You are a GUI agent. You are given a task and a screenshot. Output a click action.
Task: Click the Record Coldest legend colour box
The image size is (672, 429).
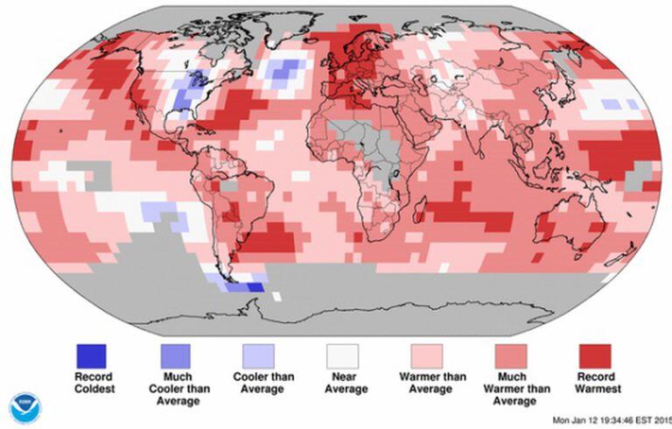90,355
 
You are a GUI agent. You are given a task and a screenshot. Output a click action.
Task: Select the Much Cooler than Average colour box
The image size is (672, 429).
174,355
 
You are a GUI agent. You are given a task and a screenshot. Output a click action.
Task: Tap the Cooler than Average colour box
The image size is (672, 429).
258,355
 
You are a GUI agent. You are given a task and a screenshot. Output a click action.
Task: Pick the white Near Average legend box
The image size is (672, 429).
342,355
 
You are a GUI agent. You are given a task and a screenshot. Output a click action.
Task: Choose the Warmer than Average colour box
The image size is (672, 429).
426,355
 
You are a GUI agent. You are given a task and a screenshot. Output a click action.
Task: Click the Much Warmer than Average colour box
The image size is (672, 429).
510,355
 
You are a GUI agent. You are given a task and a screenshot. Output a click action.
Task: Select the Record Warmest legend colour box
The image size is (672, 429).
594,355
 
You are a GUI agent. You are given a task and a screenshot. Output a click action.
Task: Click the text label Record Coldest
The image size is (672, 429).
90,383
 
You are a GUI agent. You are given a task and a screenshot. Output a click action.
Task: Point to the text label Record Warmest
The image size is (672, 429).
594,383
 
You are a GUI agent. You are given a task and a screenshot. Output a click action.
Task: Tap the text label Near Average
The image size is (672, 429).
342,383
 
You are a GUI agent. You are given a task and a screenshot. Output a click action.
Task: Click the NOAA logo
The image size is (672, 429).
24,408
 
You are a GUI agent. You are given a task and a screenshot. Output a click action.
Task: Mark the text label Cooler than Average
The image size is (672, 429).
258,383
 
